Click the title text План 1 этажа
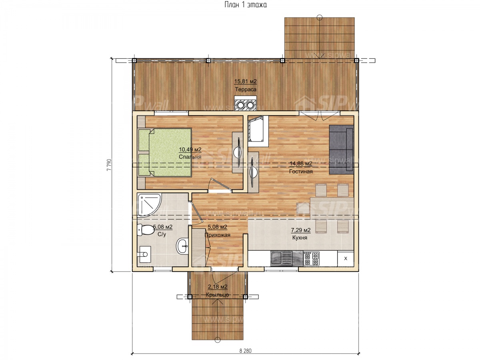click(245, 5)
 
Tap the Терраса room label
click(245, 89)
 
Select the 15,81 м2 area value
click(245, 82)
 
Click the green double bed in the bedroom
click(165, 152)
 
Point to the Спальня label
click(190, 157)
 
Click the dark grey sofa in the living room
click(341, 150)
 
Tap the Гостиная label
click(301, 171)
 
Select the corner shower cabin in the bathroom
click(149, 204)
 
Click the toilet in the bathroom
click(146, 230)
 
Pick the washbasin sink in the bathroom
click(182, 246)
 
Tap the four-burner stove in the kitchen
click(311, 258)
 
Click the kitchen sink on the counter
click(281, 258)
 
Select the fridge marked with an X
click(346, 258)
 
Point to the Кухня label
click(300, 238)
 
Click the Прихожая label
click(217, 235)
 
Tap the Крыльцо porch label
click(217, 295)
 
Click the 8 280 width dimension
click(245, 351)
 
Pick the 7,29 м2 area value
click(301, 230)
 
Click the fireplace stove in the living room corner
click(258, 131)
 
